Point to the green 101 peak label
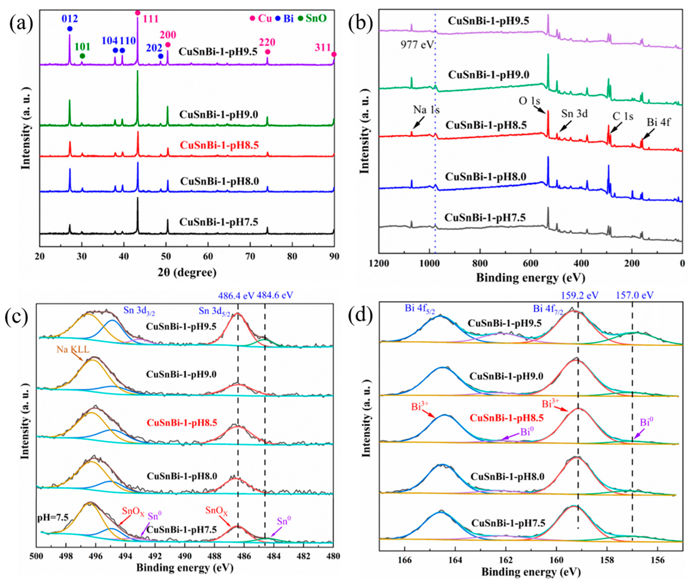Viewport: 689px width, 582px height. [82, 47]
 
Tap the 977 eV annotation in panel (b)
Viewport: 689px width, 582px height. [417, 44]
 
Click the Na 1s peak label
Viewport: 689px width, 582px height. [426, 110]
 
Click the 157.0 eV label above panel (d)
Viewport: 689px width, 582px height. [635, 295]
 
